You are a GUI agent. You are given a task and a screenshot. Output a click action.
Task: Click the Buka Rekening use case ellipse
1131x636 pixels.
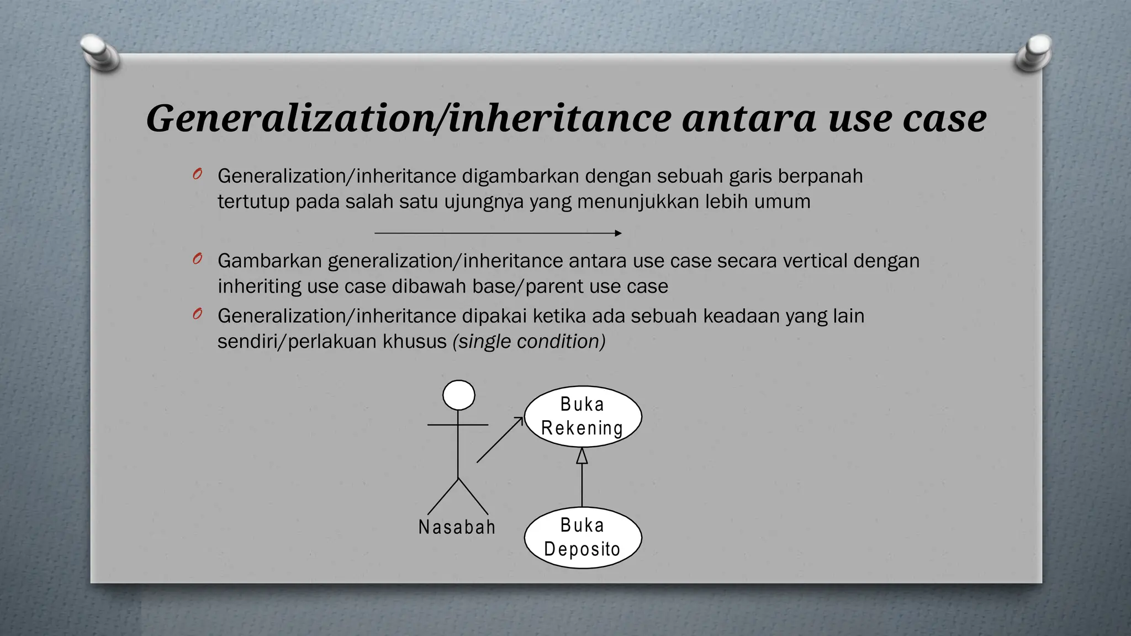click(x=582, y=416)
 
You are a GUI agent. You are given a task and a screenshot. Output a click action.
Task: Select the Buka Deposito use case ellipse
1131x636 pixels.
click(x=582, y=537)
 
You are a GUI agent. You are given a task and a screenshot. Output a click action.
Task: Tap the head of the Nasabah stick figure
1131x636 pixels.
click(x=458, y=395)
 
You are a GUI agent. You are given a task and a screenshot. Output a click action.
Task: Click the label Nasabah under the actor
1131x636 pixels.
click(x=457, y=527)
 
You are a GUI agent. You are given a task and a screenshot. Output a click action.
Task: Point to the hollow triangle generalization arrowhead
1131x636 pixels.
click(x=582, y=455)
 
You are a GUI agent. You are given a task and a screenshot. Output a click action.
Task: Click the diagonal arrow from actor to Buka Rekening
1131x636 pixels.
click(x=499, y=440)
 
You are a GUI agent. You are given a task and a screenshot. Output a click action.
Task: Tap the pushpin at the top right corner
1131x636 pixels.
click(x=1033, y=54)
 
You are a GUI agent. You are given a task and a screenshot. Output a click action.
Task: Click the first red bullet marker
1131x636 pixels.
click(x=197, y=174)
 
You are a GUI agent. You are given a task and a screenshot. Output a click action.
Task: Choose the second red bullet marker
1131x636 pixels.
click(x=197, y=259)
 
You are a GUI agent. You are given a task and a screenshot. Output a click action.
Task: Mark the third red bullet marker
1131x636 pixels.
click(x=197, y=314)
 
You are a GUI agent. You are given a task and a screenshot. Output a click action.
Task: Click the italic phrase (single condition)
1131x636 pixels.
click(x=528, y=341)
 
